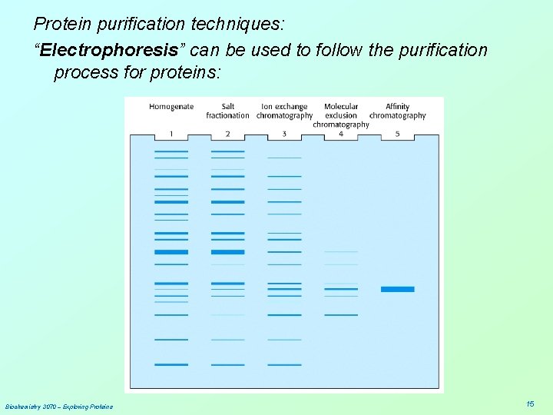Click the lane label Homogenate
[x=171, y=107]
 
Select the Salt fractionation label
[x=227, y=111]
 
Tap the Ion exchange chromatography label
[x=284, y=111]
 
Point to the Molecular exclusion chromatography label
[x=341, y=115]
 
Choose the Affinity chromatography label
[x=397, y=111]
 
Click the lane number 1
[x=171, y=134]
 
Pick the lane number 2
[x=227, y=134]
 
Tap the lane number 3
[x=284, y=134]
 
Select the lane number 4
[x=341, y=134]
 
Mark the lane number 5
[x=397, y=134]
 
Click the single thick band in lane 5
[x=397, y=289]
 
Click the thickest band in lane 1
[x=171, y=252]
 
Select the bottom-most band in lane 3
[x=284, y=364]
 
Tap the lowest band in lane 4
[x=341, y=314]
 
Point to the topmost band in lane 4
[x=341, y=251]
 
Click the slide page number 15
[x=530, y=404]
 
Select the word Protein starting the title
[x=60, y=23]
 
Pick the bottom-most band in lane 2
[x=227, y=364]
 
